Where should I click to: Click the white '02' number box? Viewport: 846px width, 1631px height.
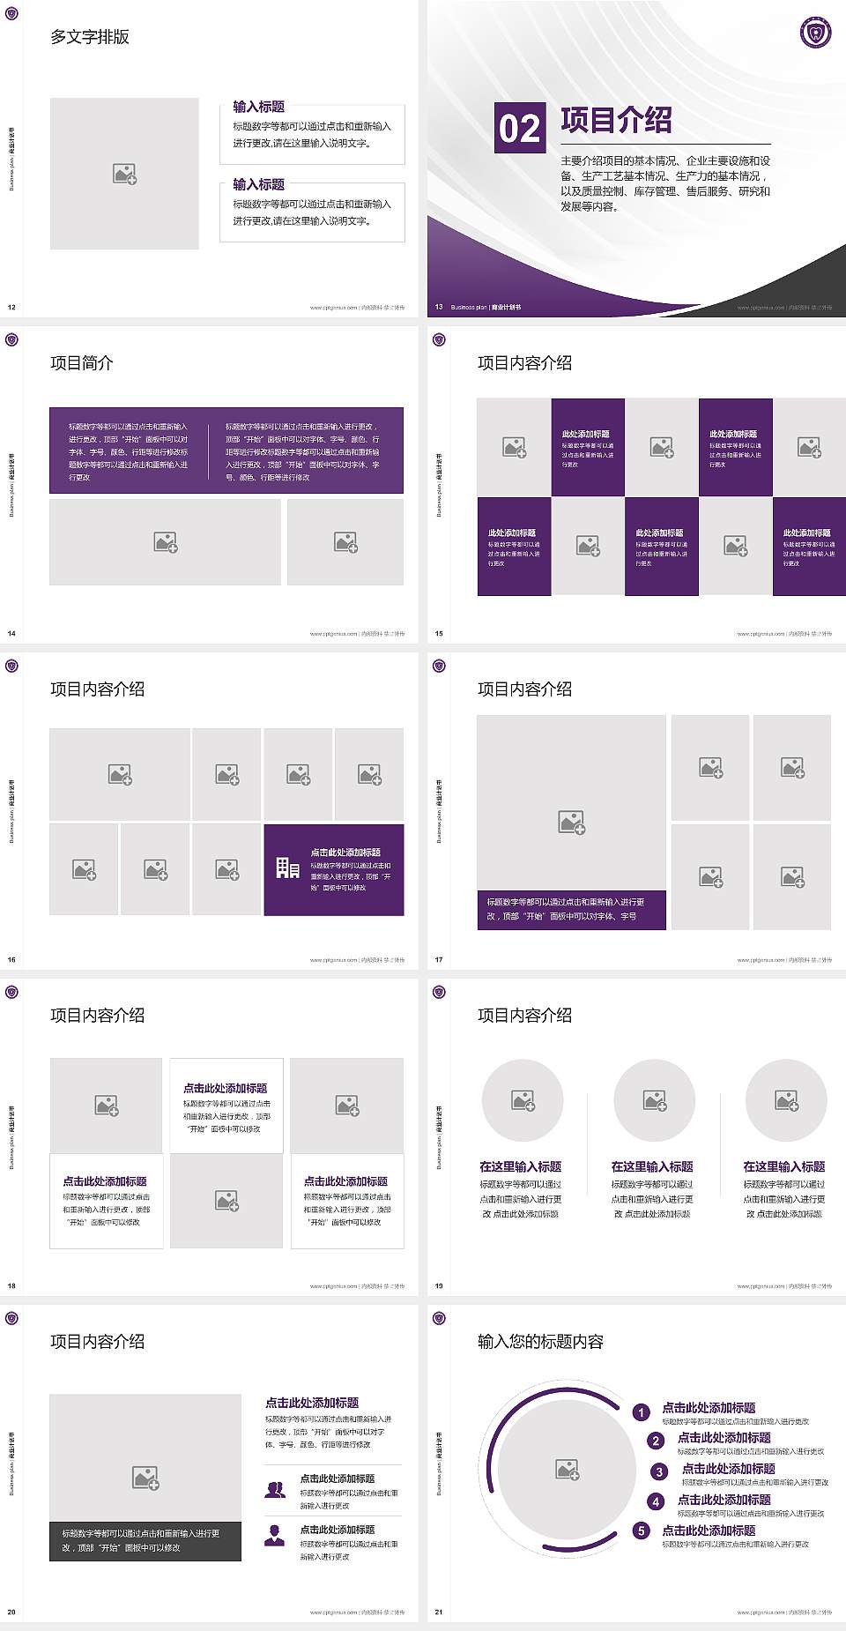[519, 128]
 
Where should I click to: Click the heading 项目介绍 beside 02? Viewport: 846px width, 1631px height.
[616, 121]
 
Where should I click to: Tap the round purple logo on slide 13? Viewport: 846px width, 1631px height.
[815, 33]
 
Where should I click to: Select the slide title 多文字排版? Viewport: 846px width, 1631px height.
[90, 37]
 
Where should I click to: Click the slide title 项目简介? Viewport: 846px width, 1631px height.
[82, 363]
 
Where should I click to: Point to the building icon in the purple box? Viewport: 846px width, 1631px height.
[287, 868]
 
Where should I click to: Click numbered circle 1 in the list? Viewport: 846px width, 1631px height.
[642, 1412]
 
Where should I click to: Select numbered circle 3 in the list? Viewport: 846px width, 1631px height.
[659, 1471]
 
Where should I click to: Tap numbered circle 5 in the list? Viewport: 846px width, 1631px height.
[642, 1530]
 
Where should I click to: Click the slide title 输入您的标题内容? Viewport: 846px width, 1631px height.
[540, 1342]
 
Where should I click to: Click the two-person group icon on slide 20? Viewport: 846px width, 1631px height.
[275, 1489]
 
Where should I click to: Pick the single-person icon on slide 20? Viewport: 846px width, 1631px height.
[275, 1536]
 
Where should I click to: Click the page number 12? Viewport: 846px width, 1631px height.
[11, 307]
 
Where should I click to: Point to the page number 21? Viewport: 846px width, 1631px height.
[439, 1612]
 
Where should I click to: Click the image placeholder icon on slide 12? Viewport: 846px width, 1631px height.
[124, 175]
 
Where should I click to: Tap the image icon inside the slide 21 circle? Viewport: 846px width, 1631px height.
[568, 1469]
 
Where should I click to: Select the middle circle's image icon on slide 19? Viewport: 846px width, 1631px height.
[654, 1100]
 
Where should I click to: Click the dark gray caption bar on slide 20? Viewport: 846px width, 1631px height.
[145, 1540]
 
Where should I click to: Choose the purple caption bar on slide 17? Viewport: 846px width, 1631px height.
[571, 909]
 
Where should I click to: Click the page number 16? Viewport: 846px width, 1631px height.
[11, 959]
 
